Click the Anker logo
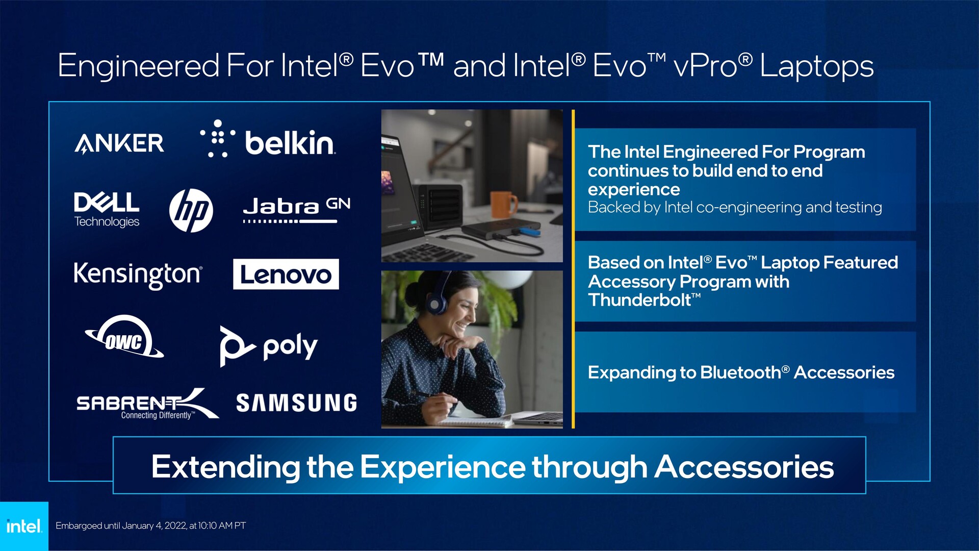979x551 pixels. tap(119, 143)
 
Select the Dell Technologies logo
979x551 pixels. tap(107, 209)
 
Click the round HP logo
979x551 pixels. tap(191, 210)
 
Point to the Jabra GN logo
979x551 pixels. tap(296, 210)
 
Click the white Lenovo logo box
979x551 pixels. tap(286, 274)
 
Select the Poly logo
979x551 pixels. tap(269, 346)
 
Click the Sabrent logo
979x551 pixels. tap(147, 404)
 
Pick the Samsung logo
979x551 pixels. tap(296, 403)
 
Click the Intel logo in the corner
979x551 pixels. tap(24, 526)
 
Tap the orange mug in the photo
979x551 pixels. tap(503, 204)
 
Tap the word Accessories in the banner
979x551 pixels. tap(744, 467)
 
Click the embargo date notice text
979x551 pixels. tap(150, 525)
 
